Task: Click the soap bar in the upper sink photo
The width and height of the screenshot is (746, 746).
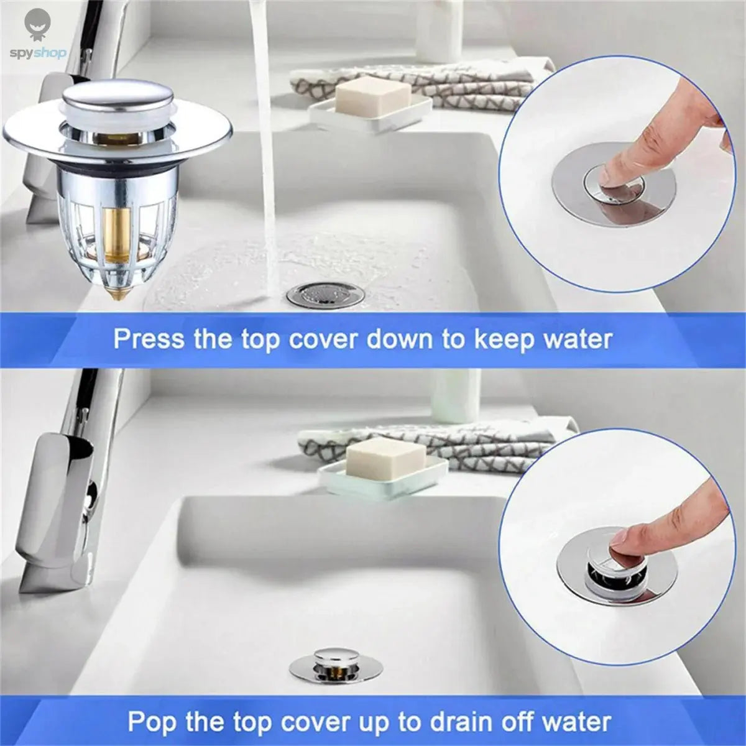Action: coord(364,97)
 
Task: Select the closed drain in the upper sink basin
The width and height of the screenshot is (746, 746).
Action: coord(325,294)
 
